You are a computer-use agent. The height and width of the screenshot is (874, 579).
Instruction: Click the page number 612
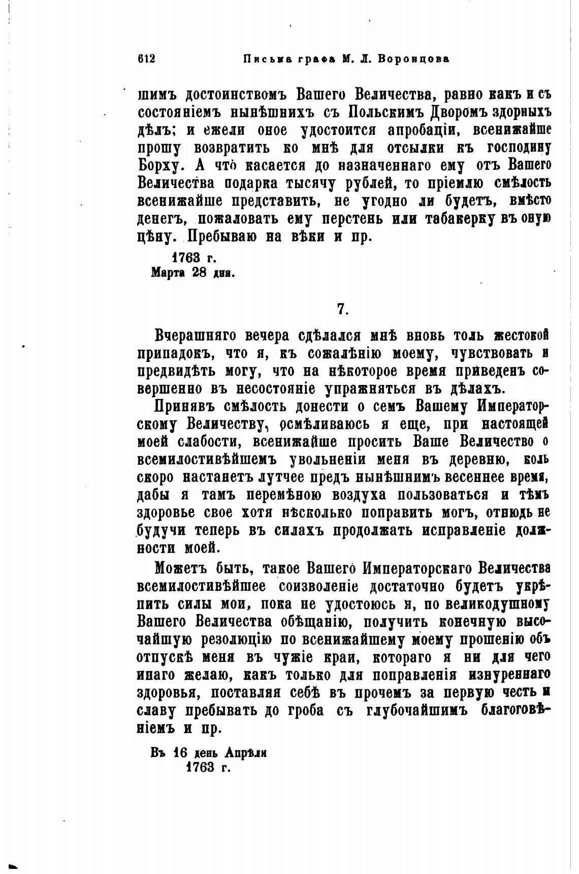(146, 59)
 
